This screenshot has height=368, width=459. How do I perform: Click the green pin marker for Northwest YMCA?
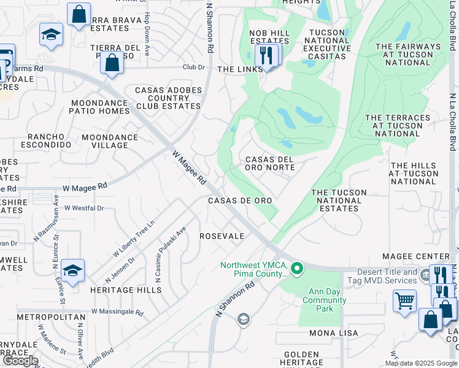coord(297,268)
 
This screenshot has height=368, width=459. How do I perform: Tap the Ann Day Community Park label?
coord(324,304)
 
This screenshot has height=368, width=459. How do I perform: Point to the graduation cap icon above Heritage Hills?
coord(72,270)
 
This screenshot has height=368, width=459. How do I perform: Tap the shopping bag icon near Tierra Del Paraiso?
coord(112,63)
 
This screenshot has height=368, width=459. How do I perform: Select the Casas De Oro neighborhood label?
coord(239,201)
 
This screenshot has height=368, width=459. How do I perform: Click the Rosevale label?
coord(222,236)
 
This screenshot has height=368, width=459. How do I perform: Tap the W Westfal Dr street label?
coord(84,208)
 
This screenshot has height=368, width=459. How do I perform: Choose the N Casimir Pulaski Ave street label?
coord(171,255)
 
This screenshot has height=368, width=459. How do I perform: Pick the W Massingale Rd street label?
coord(117,312)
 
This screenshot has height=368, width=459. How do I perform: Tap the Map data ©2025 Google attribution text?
coord(420,362)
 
